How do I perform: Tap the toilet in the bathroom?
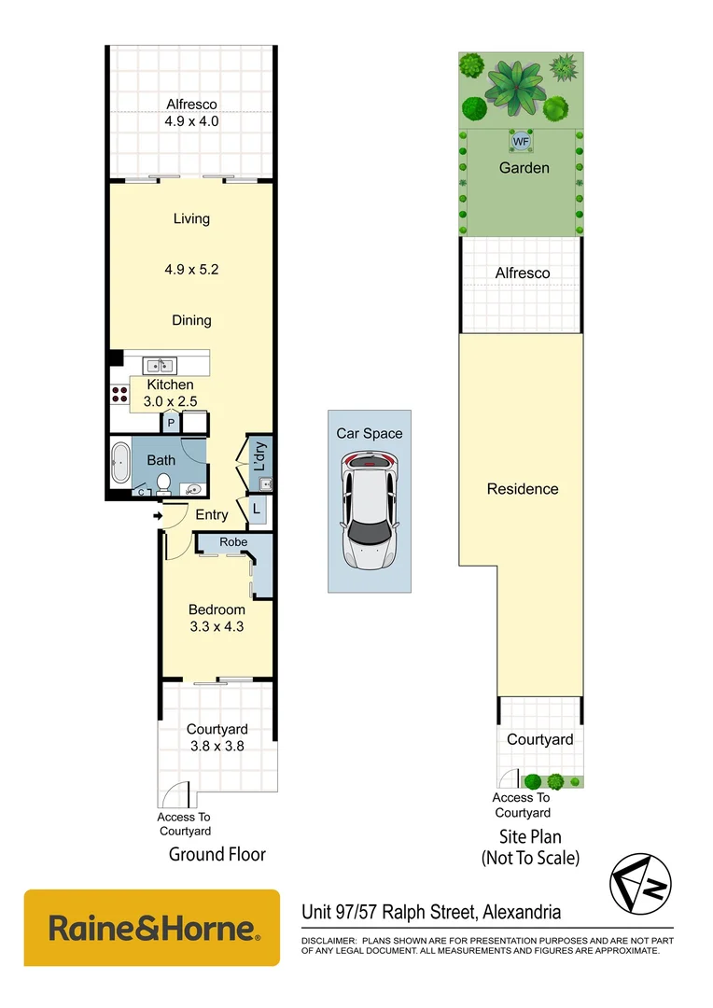[x=162, y=483]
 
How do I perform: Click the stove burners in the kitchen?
[x=119, y=394]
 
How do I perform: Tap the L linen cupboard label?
[x=256, y=510]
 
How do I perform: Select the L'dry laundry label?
[x=261, y=455]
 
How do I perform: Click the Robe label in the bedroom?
[x=233, y=542]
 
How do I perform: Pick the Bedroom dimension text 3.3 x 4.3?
[x=216, y=627]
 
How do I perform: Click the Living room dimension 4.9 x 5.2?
[x=191, y=270]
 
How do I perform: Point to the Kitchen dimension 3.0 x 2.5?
[x=169, y=401]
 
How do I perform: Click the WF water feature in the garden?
[x=521, y=141]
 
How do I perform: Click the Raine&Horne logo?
[x=152, y=928]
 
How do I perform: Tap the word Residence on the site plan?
[x=523, y=489]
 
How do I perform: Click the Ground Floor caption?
[x=217, y=854]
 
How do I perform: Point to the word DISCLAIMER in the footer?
[x=328, y=941]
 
